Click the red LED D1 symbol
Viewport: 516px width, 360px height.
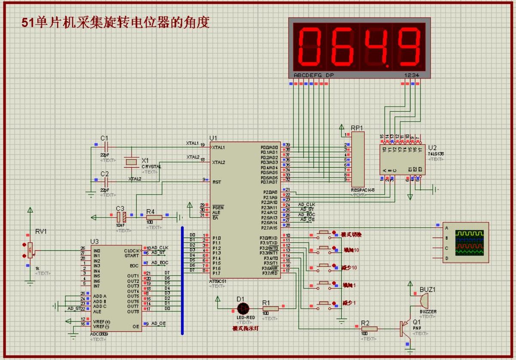(x=243, y=308)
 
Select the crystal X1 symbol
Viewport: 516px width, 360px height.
(x=131, y=162)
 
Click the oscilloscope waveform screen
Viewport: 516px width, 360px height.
(x=469, y=243)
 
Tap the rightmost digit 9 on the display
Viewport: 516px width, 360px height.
(x=408, y=46)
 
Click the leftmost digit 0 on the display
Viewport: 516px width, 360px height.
(x=311, y=46)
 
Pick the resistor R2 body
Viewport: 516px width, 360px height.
(x=369, y=329)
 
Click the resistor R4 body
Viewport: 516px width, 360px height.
(x=154, y=217)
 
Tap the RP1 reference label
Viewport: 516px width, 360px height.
(x=357, y=128)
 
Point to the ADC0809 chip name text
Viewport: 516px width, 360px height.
(x=99, y=334)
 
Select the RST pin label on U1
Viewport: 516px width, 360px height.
(x=217, y=182)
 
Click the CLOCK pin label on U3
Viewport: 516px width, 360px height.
(x=132, y=250)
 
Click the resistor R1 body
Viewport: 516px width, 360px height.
(x=270, y=308)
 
